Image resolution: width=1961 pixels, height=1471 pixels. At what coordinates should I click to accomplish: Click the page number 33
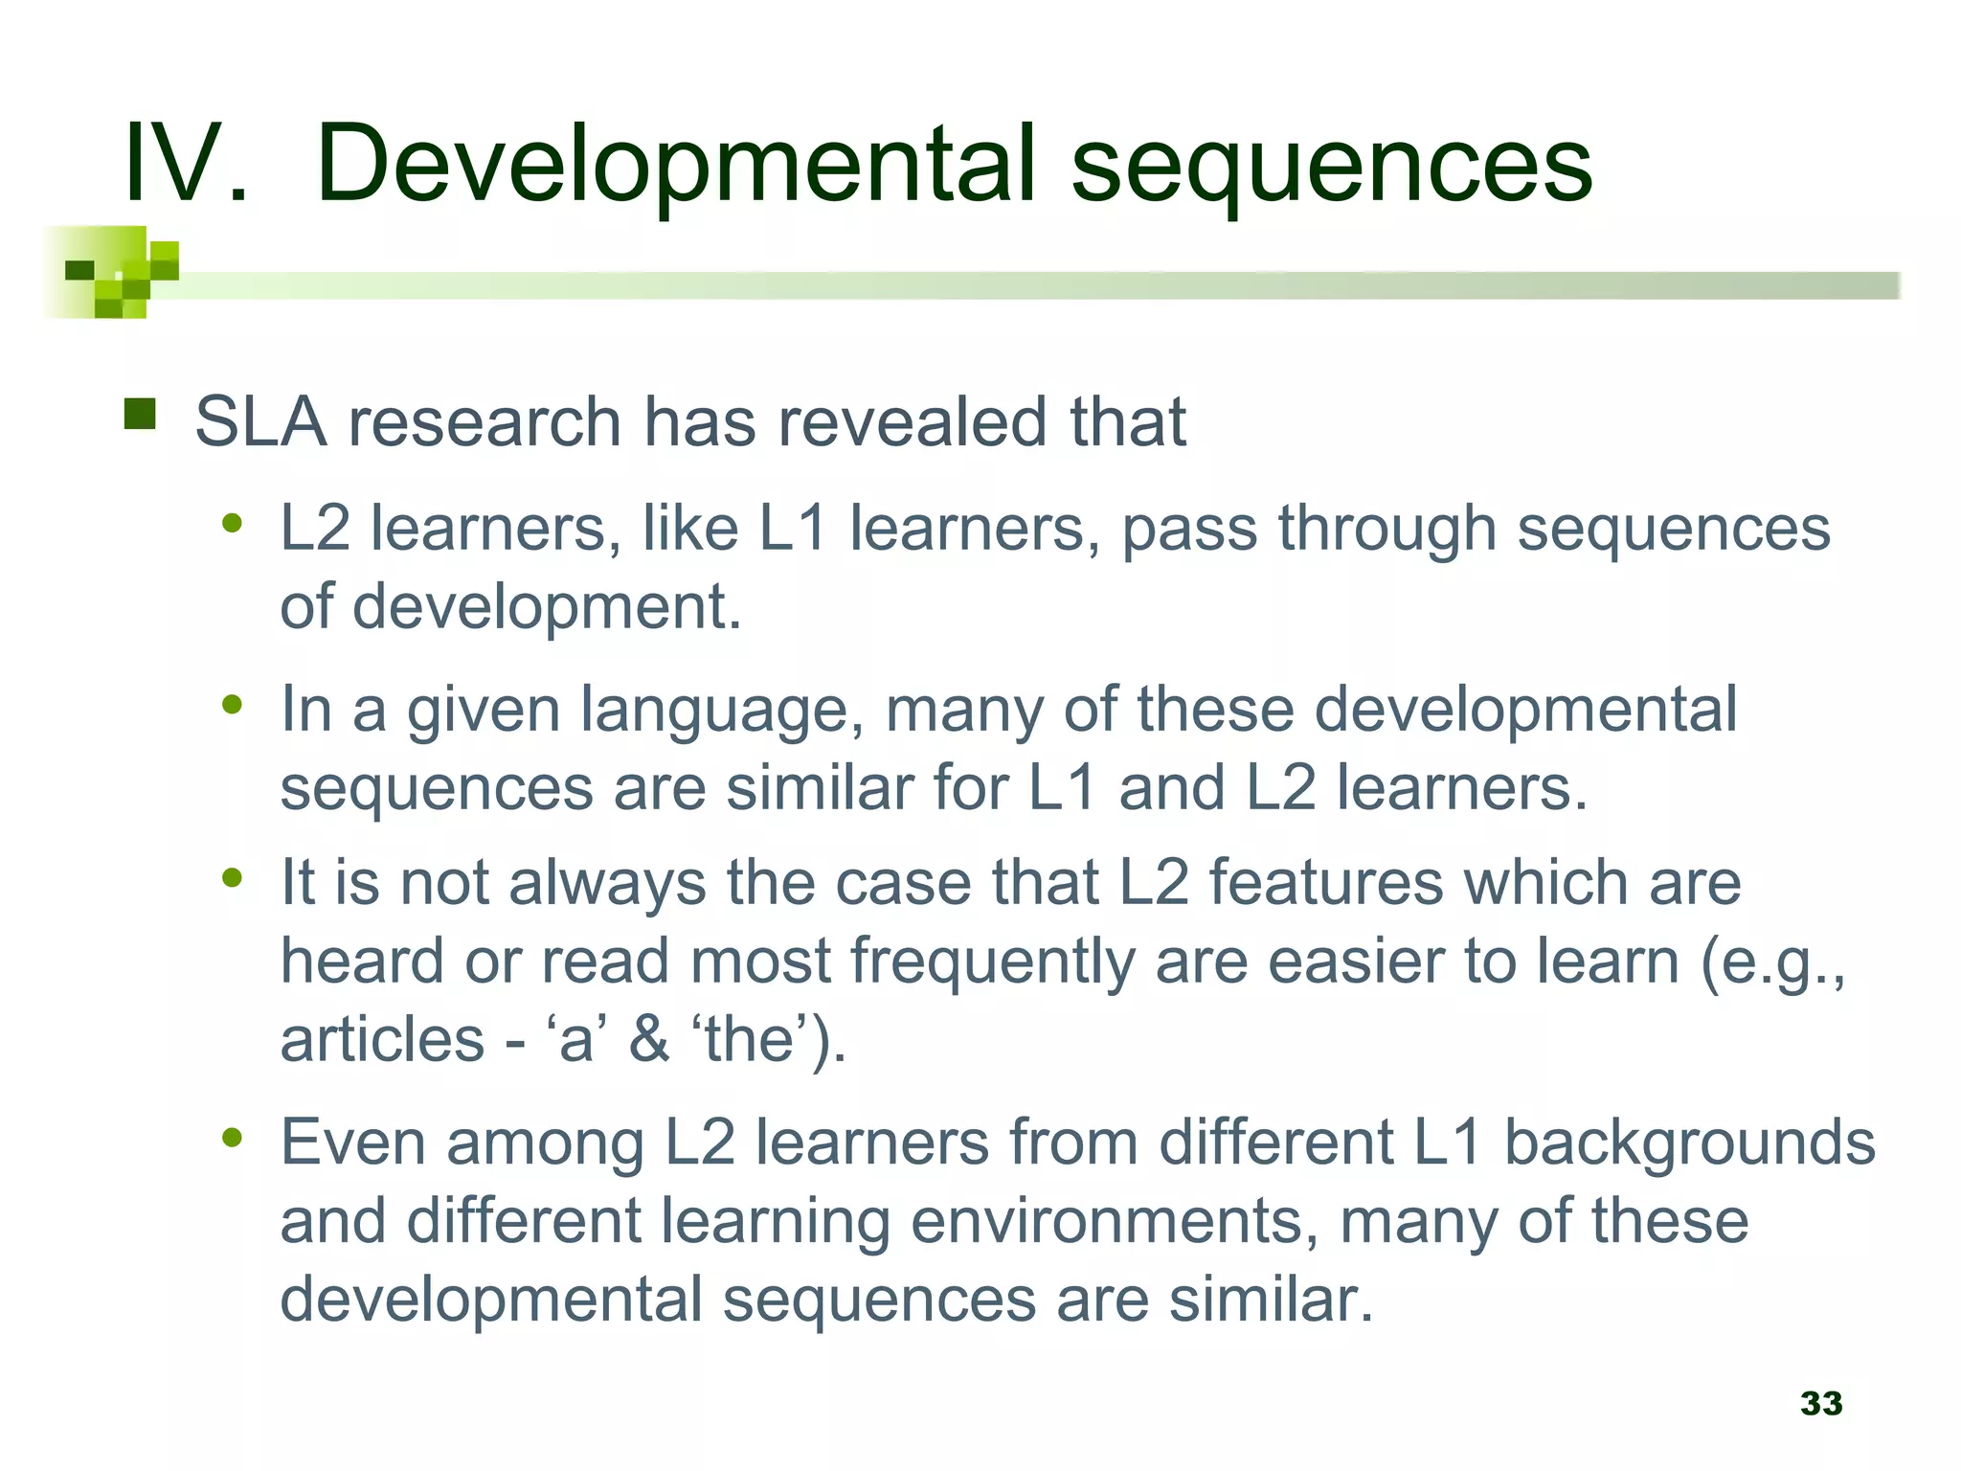click(x=1821, y=1403)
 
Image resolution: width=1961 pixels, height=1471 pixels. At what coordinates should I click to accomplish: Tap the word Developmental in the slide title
click(x=676, y=165)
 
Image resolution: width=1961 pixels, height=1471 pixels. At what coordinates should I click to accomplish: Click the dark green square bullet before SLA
click(x=140, y=414)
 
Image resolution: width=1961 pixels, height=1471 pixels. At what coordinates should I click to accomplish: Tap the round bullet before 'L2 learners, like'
click(x=232, y=523)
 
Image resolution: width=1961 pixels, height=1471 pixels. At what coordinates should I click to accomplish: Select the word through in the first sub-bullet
click(x=1387, y=530)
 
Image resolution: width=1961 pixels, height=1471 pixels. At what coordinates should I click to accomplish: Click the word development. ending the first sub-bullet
click(x=548, y=608)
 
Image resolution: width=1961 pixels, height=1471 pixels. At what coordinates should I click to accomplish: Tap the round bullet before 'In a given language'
click(x=232, y=705)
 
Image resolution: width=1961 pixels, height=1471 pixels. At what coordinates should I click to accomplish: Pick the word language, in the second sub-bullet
click(x=723, y=712)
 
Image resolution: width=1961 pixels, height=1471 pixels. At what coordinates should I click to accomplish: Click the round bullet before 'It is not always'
click(x=232, y=877)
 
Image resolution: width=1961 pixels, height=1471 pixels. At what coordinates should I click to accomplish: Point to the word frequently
click(x=992, y=962)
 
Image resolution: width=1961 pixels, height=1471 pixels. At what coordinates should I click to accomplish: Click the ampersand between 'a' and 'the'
click(x=648, y=1040)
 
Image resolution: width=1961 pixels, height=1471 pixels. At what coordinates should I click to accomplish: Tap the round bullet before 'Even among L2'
click(x=232, y=1138)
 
